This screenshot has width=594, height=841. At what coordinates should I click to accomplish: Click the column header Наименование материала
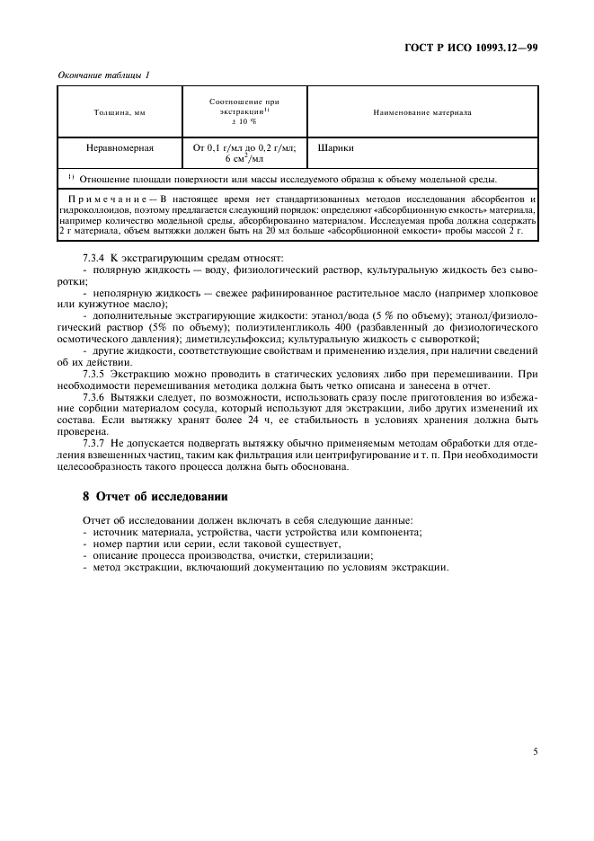(x=421, y=112)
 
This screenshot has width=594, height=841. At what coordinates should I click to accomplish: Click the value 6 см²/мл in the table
(x=244, y=158)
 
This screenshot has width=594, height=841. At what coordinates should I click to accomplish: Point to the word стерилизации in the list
(x=341, y=555)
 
